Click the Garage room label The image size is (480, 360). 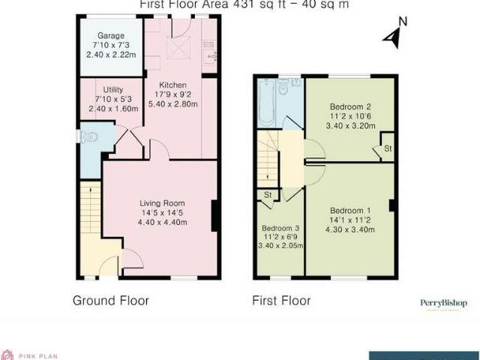tap(110, 36)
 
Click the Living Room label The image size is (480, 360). tap(161, 202)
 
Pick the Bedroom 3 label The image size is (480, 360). tap(277, 229)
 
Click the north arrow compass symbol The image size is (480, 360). tap(392, 35)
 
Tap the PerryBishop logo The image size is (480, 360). tap(442, 303)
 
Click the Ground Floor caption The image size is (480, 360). tap(110, 301)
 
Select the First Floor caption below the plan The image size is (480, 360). tap(282, 301)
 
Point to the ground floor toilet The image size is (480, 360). tap(90, 137)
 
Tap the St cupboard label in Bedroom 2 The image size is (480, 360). tap(388, 148)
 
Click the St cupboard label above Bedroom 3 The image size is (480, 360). tap(267, 195)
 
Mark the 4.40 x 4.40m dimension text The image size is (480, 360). tap(161, 222)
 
